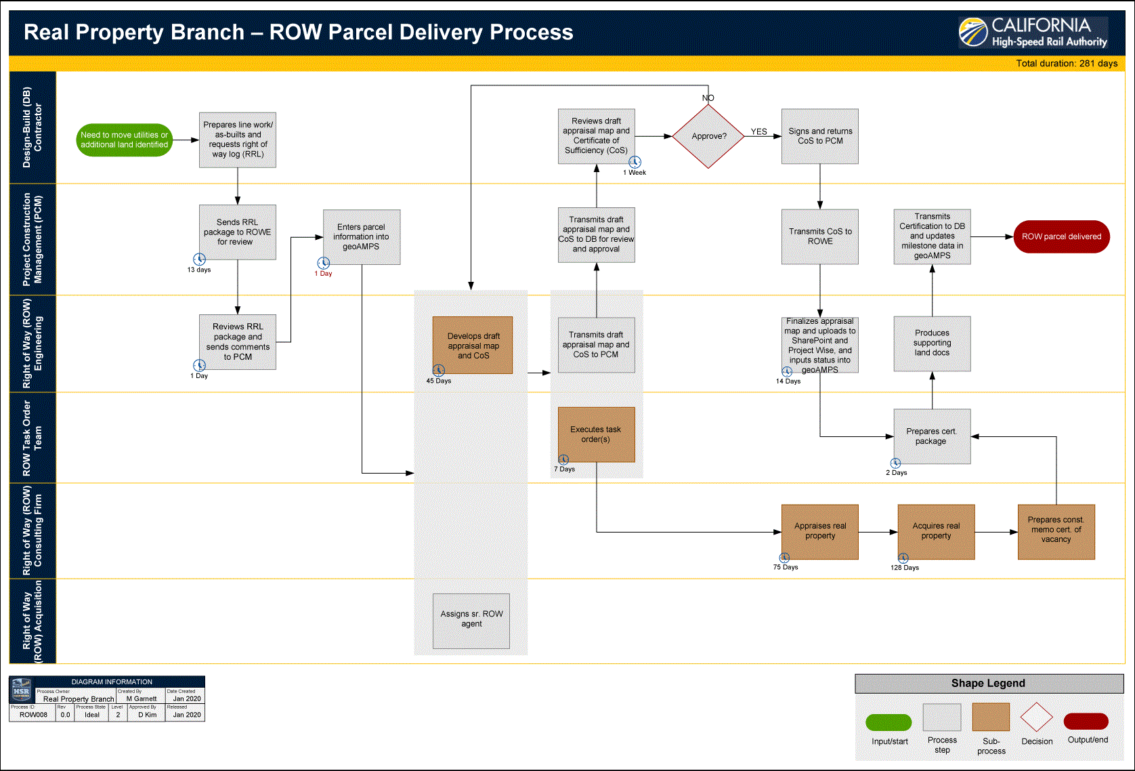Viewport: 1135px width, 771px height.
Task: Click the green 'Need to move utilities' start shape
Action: [x=124, y=140]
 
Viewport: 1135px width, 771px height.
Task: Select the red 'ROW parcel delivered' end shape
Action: [x=1061, y=236]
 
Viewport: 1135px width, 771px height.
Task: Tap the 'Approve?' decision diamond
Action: [x=708, y=136]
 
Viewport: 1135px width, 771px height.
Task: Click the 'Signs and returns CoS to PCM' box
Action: [x=819, y=136]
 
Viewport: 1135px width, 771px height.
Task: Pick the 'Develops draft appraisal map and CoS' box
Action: [x=473, y=346]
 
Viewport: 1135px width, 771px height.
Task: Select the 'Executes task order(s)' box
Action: [x=596, y=434]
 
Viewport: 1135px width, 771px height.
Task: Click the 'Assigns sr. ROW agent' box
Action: [x=471, y=621]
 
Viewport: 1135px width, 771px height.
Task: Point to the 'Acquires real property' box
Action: [x=936, y=532]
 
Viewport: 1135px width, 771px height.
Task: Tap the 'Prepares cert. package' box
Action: [x=932, y=436]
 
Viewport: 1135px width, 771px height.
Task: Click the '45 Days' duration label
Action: [x=438, y=381]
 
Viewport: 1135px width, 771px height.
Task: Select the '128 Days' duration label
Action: [x=904, y=568]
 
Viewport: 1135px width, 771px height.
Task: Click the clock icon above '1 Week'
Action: [x=635, y=162]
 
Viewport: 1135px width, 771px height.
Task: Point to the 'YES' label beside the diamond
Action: [x=758, y=132]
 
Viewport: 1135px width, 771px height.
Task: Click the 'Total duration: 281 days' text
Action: [x=1066, y=64]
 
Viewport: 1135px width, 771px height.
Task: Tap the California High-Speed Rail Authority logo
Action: [x=1033, y=33]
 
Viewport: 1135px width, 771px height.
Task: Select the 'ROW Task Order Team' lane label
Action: [x=32, y=438]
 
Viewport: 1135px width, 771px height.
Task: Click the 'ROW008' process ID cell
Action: [x=33, y=715]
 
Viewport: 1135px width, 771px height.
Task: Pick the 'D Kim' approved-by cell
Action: [x=147, y=715]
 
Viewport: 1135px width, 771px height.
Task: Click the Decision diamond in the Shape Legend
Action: [x=1036, y=717]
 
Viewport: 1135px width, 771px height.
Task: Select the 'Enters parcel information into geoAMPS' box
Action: [x=362, y=237]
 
